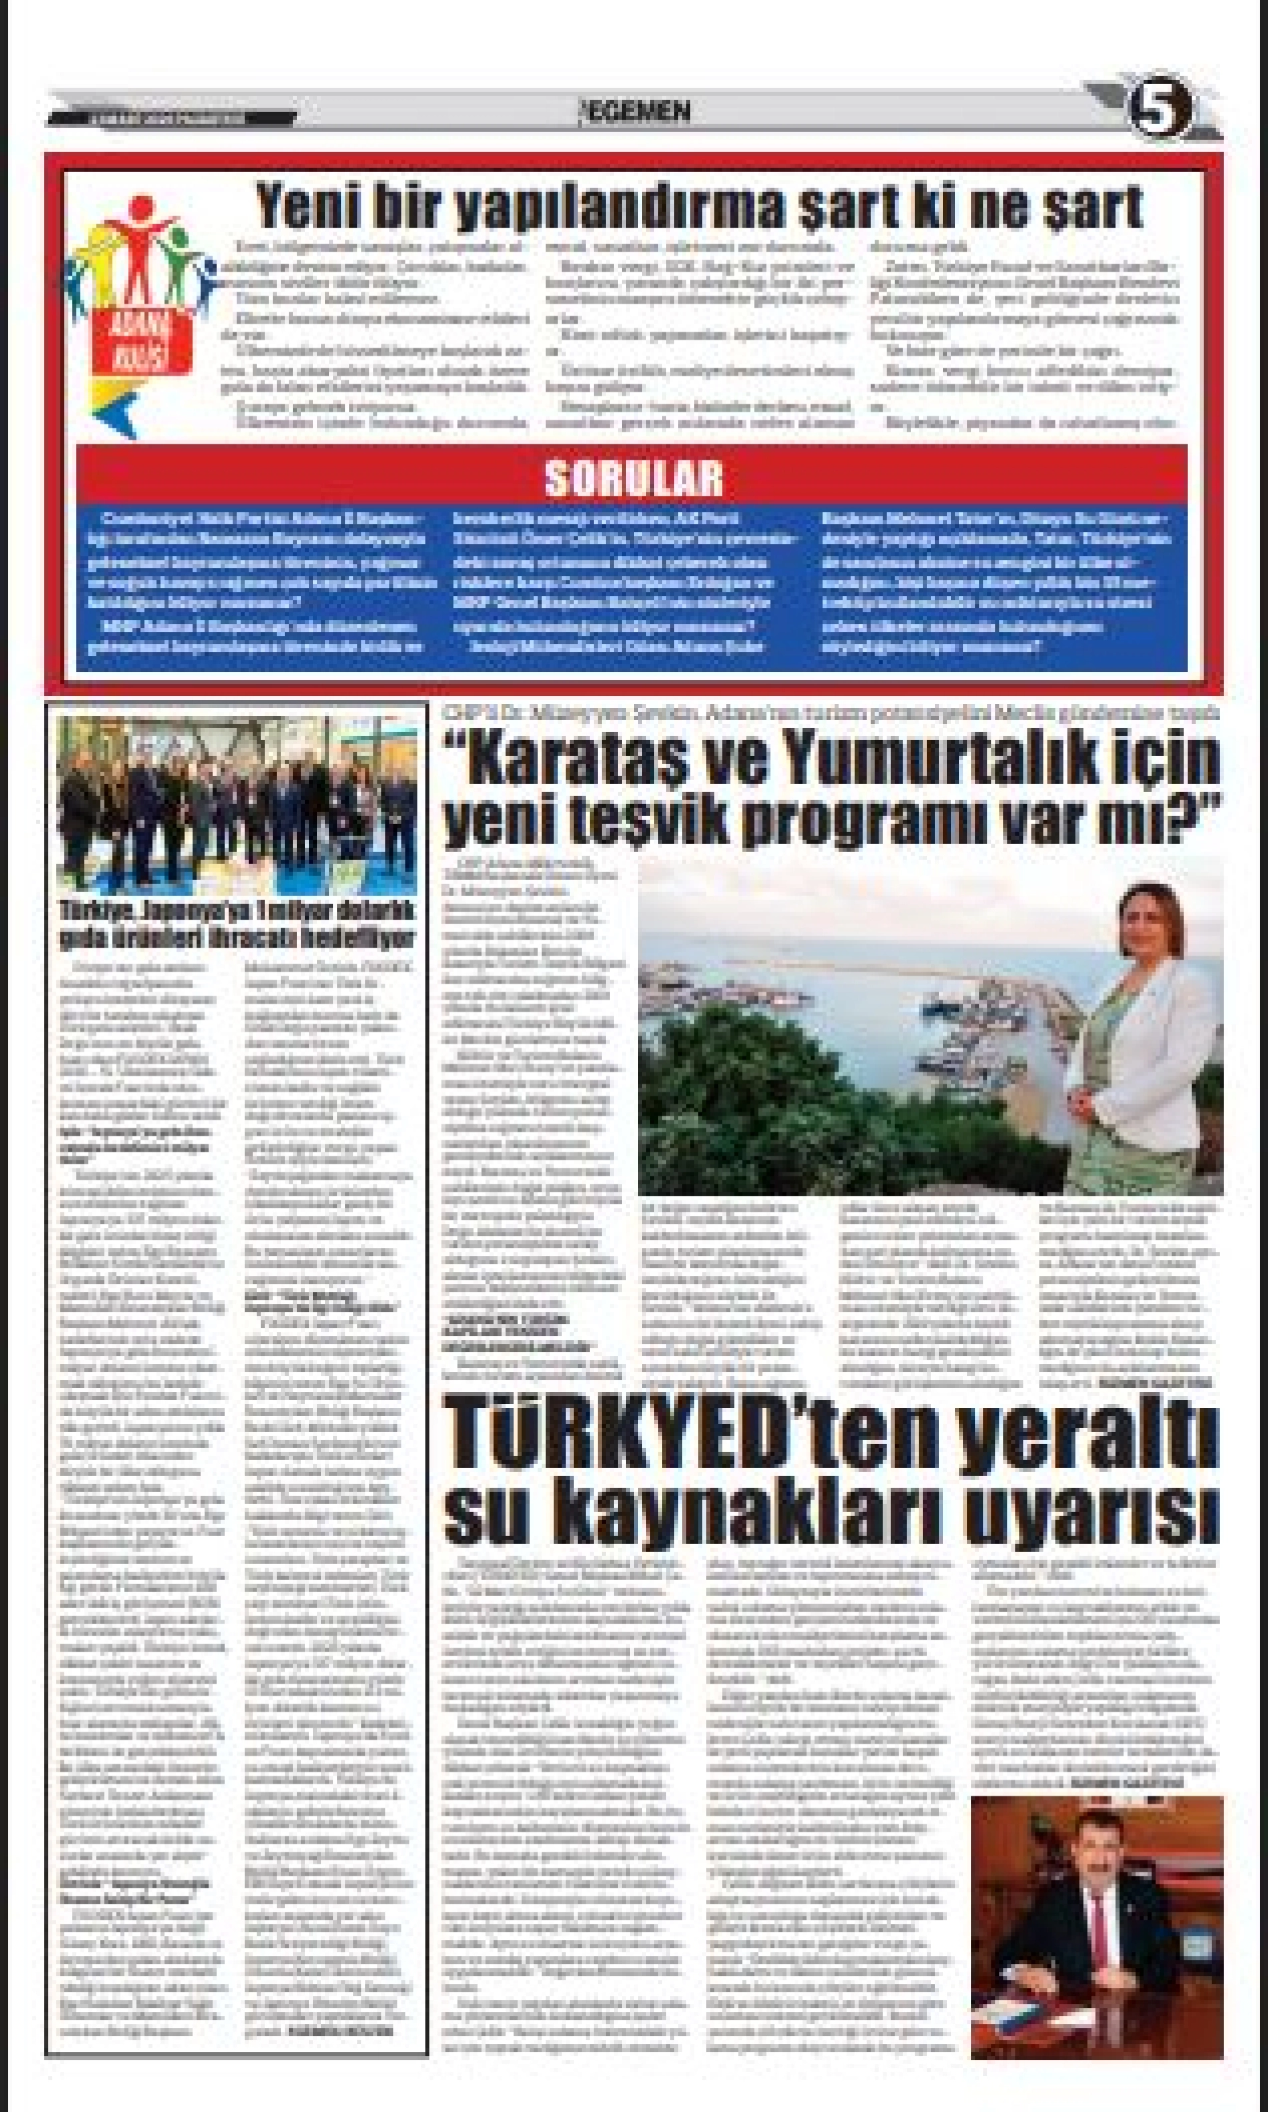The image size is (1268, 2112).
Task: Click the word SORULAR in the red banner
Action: point(633,478)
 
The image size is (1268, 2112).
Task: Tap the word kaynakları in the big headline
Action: point(752,1515)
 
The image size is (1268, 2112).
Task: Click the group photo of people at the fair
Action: point(237,805)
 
